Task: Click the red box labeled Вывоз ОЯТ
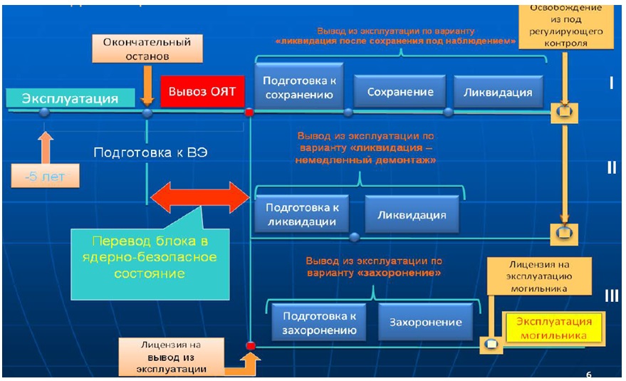201,91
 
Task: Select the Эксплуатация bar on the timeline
70,98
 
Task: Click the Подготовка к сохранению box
299,87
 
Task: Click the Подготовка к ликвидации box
301,214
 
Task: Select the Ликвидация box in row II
412,214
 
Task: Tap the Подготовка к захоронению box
318,322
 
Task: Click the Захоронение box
424,322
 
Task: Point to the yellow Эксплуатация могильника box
552,328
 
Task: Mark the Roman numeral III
611,296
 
